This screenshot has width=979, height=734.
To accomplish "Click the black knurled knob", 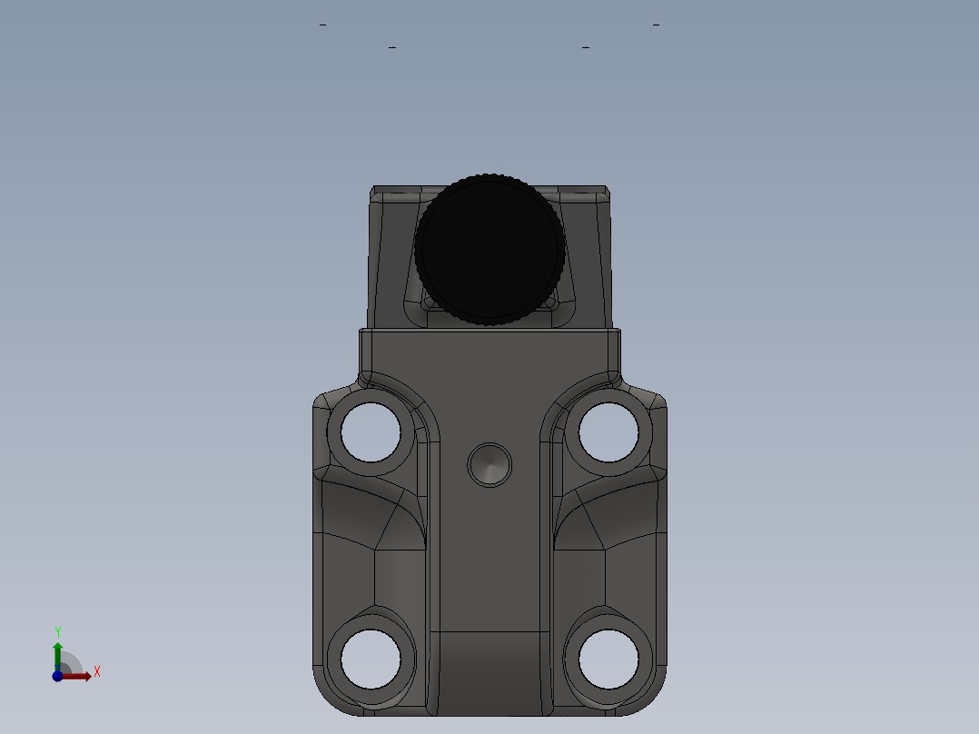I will click(489, 249).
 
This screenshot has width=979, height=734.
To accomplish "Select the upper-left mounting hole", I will click(371, 432).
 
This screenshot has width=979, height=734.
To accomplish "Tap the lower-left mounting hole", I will click(371, 659).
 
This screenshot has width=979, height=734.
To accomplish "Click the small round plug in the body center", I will click(489, 466).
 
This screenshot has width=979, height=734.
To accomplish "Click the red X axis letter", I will click(97, 672).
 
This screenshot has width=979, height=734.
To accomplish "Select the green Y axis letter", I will click(58, 632).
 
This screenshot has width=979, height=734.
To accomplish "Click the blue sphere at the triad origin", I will click(57, 677).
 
